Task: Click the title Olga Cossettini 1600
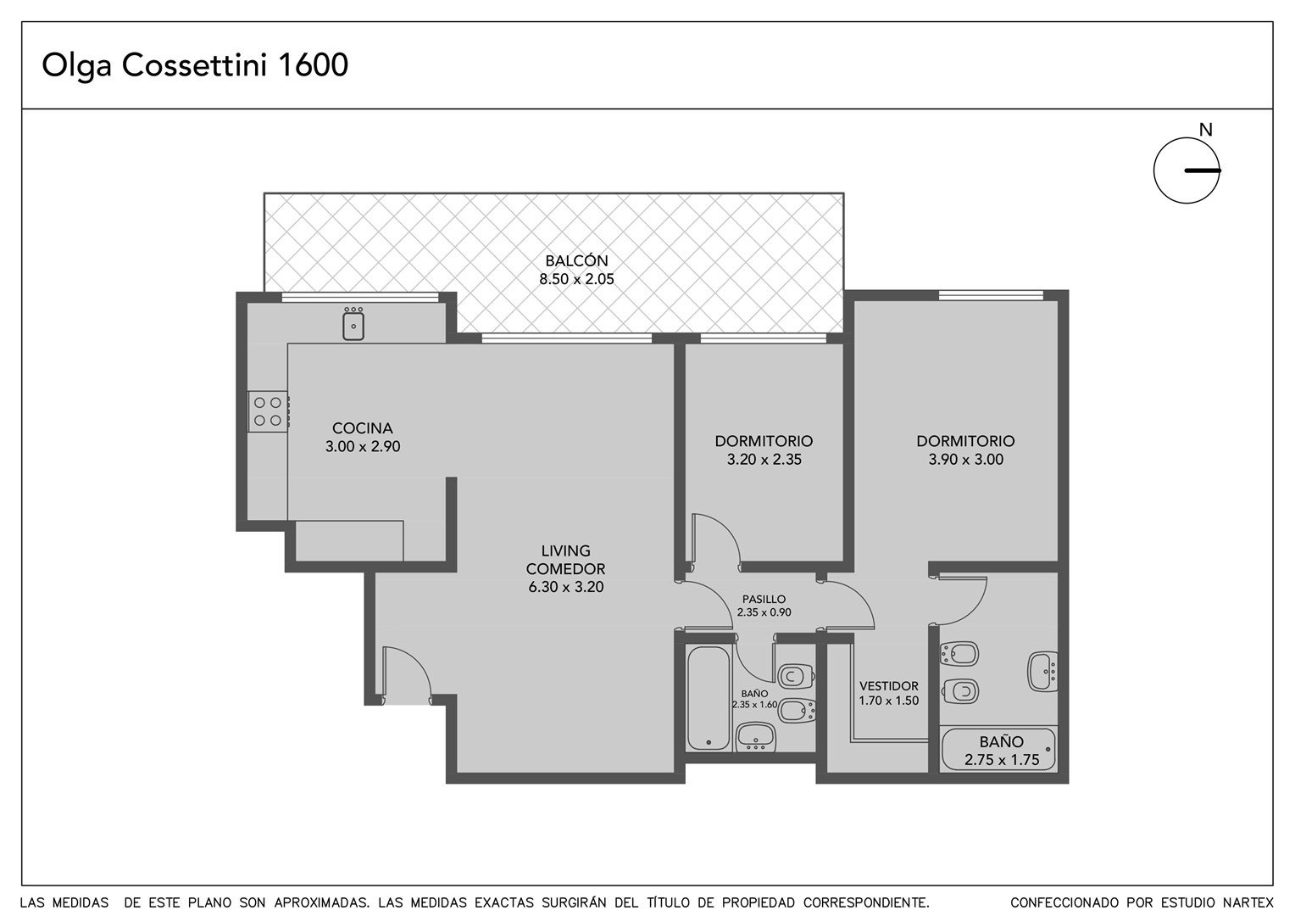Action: tap(195, 64)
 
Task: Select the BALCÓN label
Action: tap(576, 261)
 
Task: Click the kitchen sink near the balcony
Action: tap(353, 323)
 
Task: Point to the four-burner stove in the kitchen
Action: tap(268, 411)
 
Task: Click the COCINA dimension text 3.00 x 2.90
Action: tap(363, 447)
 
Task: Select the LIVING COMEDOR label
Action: tap(565, 560)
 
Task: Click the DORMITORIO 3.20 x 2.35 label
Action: tap(764, 450)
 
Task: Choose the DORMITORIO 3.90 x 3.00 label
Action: tap(965, 450)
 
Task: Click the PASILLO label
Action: tap(764, 600)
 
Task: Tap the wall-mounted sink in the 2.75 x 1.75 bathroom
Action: tap(1043, 671)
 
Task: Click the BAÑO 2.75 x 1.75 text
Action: tap(1001, 751)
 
